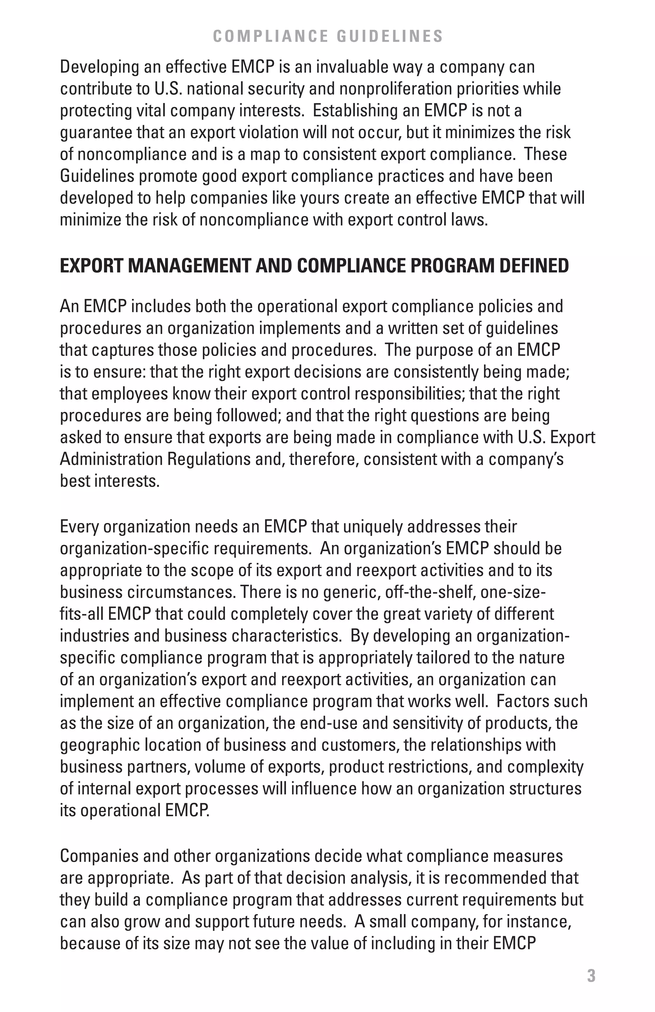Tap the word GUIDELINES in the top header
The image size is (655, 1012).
pos(390,36)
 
